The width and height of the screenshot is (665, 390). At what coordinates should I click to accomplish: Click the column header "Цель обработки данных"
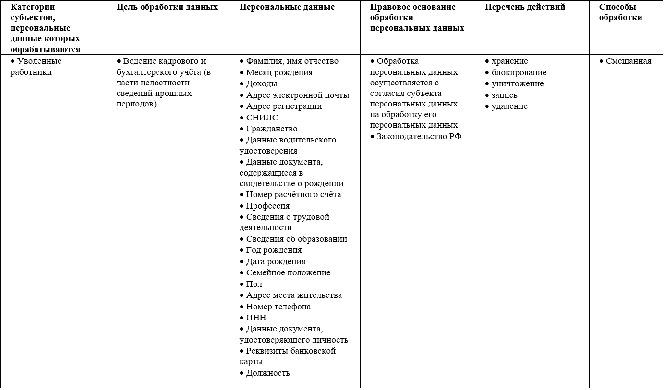167,7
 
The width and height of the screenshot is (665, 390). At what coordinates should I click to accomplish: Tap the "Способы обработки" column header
620,12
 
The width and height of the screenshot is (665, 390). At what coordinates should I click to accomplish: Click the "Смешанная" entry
628,61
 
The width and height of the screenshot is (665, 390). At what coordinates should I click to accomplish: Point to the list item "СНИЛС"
262,118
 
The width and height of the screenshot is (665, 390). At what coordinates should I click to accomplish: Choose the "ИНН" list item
256,318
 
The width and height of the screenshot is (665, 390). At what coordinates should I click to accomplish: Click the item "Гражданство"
271,129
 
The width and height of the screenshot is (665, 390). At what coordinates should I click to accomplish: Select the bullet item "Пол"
254,284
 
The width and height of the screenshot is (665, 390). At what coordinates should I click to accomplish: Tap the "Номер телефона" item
278,307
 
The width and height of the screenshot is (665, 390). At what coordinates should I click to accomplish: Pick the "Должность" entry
267,373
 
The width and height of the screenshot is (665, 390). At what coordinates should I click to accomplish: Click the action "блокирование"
519,72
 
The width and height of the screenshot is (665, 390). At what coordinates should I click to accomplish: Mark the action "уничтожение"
517,83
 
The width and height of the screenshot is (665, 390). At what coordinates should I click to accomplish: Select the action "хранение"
509,61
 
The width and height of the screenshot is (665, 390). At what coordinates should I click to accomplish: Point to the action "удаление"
509,106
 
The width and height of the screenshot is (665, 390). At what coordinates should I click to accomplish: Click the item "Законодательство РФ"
419,136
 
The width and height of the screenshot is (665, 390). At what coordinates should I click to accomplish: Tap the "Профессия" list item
267,206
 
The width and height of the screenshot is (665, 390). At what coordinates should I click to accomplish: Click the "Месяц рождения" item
279,72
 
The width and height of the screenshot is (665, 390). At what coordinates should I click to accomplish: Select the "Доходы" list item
261,83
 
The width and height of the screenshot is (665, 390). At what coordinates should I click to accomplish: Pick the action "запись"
504,95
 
